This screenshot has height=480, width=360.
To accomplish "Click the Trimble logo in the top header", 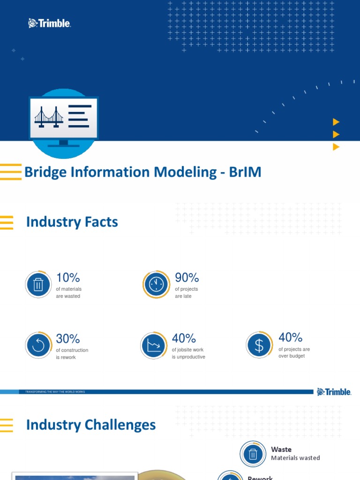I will tap(50, 23).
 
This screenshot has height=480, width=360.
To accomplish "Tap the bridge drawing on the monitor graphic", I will tap(49, 117).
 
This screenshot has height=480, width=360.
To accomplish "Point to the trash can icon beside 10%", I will tap(38, 285).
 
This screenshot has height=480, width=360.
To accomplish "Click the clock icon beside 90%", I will tap(156, 285).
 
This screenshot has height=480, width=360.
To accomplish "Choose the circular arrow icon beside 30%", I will tap(38, 345).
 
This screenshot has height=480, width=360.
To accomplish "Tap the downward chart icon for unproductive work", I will tap(154, 345).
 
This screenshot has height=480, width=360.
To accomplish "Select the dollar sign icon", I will tap(259, 345).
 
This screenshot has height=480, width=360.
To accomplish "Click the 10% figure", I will tap(68, 277).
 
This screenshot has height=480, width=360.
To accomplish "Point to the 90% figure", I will tap(187, 277).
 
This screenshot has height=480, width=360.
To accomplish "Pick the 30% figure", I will tap(68, 338).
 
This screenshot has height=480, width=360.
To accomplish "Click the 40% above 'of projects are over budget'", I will tap(290, 337).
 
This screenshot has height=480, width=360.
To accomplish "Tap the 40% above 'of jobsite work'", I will tap(184, 338).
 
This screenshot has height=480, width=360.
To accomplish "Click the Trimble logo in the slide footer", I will tap(334, 392).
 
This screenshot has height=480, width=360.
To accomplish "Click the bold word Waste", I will tap(281, 449).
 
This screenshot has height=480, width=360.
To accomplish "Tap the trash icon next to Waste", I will tap(253, 454).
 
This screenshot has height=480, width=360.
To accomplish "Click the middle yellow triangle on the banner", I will tap(336, 135).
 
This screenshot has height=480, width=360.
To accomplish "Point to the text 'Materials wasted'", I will tap(295, 458).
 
